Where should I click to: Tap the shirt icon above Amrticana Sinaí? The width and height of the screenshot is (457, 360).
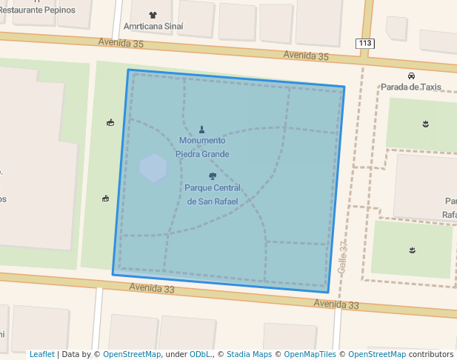coord(153,15)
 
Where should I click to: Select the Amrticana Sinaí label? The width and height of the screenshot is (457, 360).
coord(153,26)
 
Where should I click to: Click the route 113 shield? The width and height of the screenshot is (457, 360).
coord(364,44)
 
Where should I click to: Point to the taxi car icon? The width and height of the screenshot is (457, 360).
coord(410,76)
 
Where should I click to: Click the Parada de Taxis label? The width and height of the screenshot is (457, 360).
coord(410,87)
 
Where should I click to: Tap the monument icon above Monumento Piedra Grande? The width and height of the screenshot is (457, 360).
coord(201,130)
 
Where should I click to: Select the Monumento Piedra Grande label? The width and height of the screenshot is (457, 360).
coord(202,147)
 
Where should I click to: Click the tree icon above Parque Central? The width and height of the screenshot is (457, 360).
coord(213,176)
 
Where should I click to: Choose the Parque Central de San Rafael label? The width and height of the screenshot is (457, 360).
coord(213,194)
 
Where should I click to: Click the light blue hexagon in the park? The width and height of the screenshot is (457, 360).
coord(153,168)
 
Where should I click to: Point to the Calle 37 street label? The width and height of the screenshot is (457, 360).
coord(342,259)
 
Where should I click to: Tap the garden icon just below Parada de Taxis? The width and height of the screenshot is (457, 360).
coord(425,124)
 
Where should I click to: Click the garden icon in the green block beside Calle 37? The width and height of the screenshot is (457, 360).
coord(412,250)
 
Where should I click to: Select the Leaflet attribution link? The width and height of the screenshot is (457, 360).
coord(41,354)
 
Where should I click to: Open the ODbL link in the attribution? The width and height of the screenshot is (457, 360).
coord(199,354)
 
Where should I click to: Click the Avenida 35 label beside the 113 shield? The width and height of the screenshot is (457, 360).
coord(306,56)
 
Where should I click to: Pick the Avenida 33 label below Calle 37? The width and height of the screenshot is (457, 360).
coord(336,304)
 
